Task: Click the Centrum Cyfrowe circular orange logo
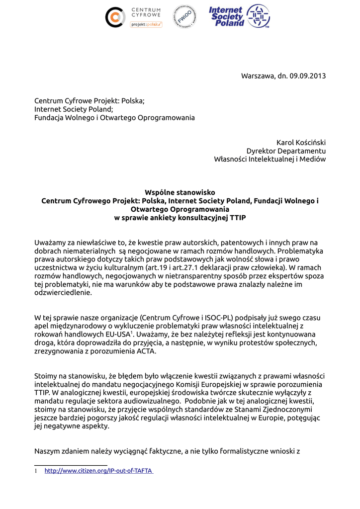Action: tap(115, 17)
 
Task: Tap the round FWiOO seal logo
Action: tap(184, 16)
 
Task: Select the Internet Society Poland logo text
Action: tap(227, 16)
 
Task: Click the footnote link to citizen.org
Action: tap(99, 470)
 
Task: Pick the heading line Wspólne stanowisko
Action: tap(180, 192)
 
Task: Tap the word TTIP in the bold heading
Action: tap(237, 218)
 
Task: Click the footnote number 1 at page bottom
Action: tap(36, 470)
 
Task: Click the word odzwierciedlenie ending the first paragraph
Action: tap(63, 293)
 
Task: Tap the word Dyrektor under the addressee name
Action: tap(261, 151)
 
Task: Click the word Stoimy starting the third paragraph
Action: tap(45, 376)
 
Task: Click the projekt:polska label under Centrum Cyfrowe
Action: tap(146, 24)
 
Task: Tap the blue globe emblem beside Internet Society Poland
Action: tap(259, 16)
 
